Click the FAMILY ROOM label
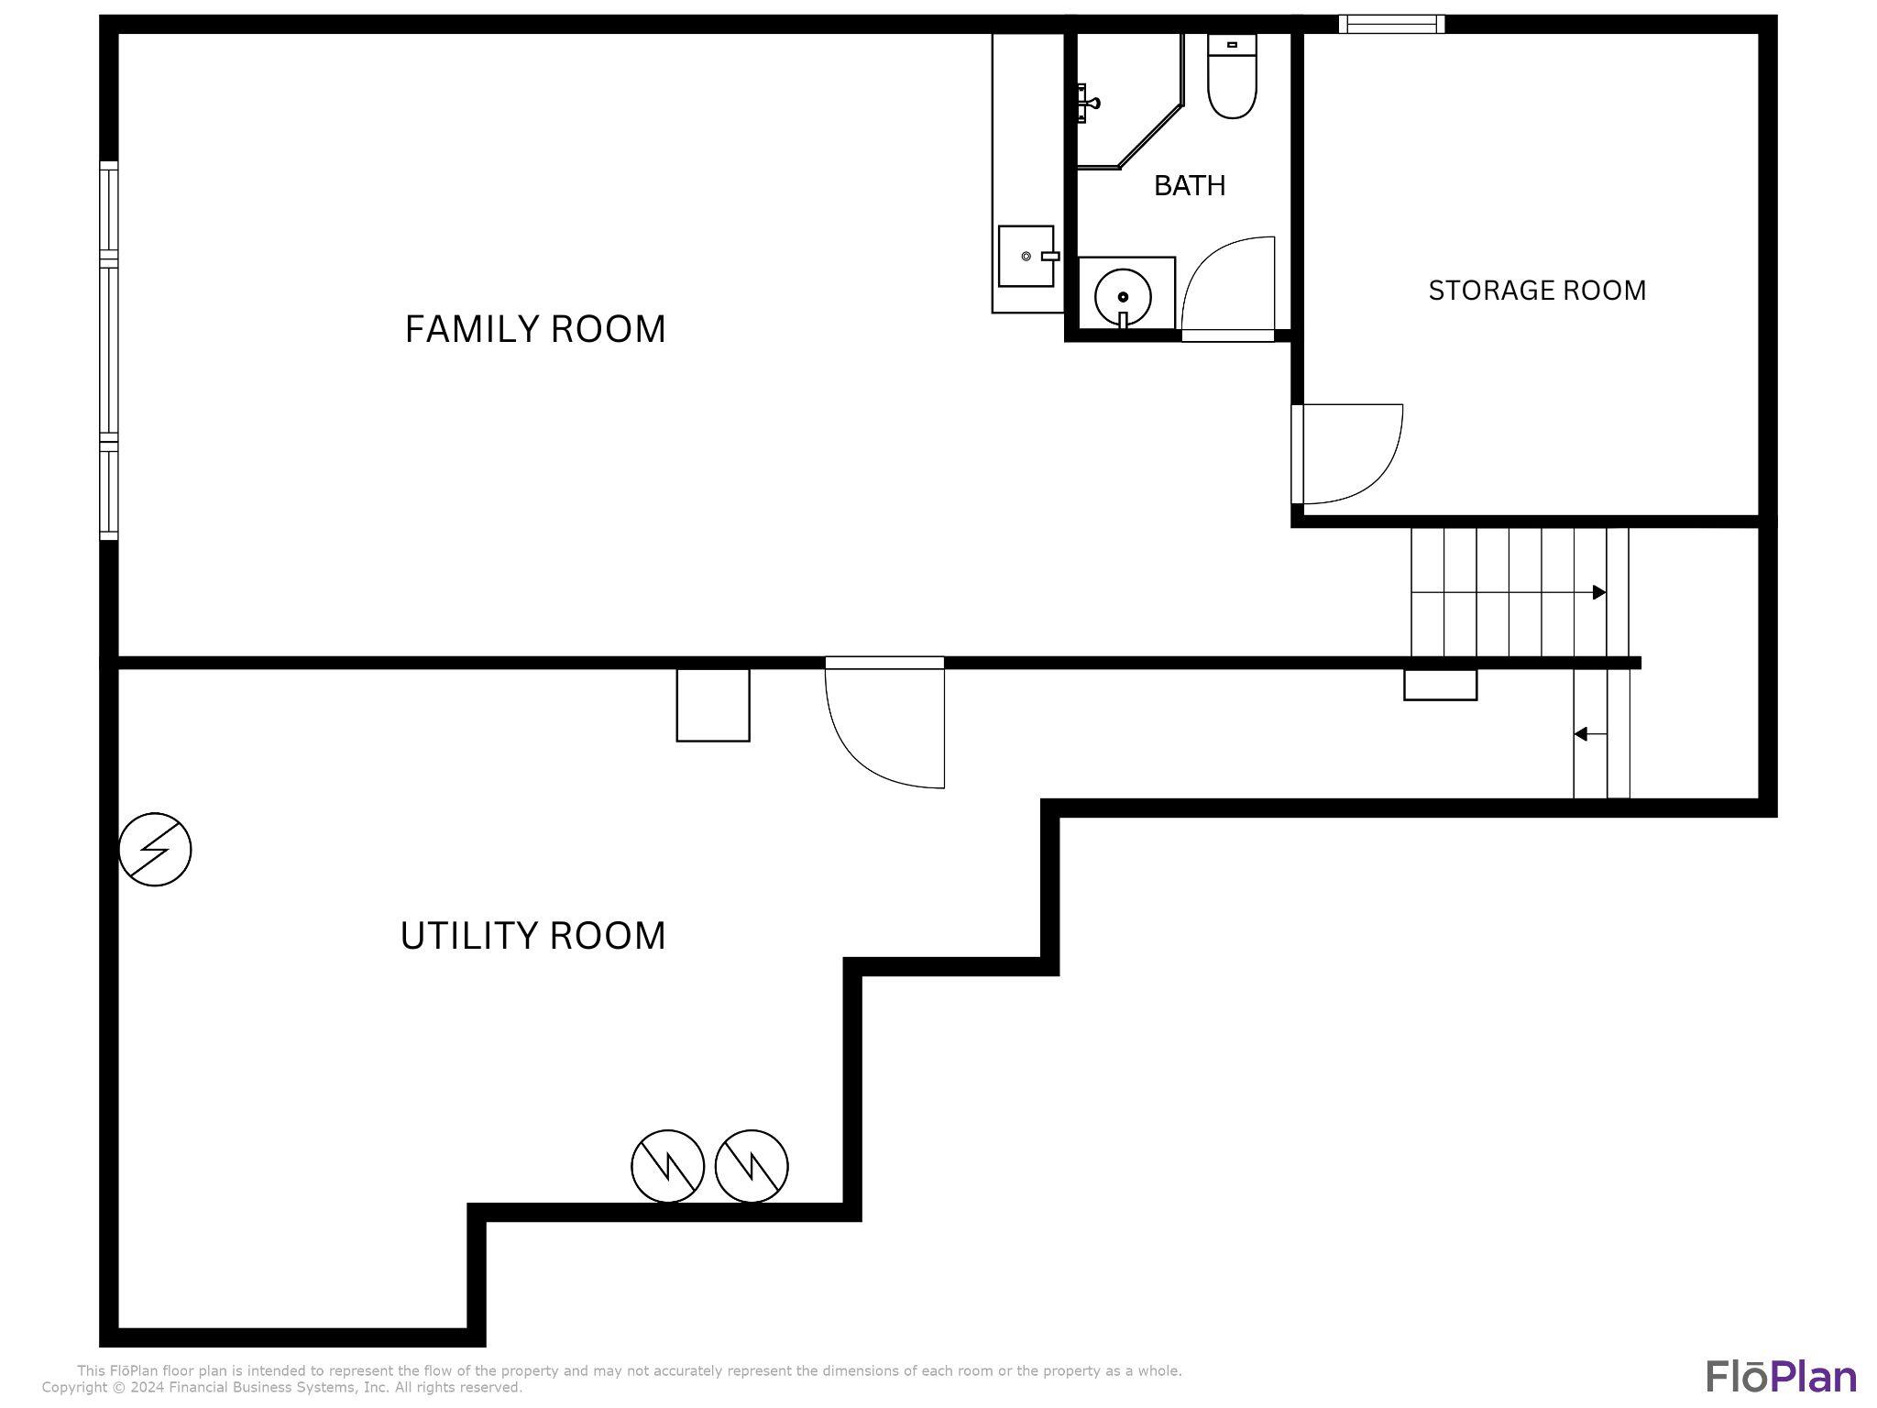pyautogui.click(x=535, y=329)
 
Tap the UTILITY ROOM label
pyautogui.click(x=532, y=936)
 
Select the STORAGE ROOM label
pyautogui.click(x=1537, y=291)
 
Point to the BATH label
pyautogui.click(x=1190, y=186)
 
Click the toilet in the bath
pyautogui.click(x=1232, y=76)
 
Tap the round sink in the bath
pyautogui.click(x=1123, y=295)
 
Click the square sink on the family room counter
pyautogui.click(x=1026, y=256)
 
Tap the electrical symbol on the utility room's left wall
pyautogui.click(x=155, y=850)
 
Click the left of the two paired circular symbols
pyautogui.click(x=668, y=1166)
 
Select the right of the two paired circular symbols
pyautogui.click(x=752, y=1166)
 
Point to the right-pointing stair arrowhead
pyautogui.click(x=1599, y=592)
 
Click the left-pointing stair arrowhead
pyautogui.click(x=1580, y=734)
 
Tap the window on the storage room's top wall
pyautogui.click(x=1391, y=24)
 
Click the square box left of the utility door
pyautogui.click(x=713, y=705)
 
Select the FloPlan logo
pyautogui.click(x=1782, y=1376)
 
